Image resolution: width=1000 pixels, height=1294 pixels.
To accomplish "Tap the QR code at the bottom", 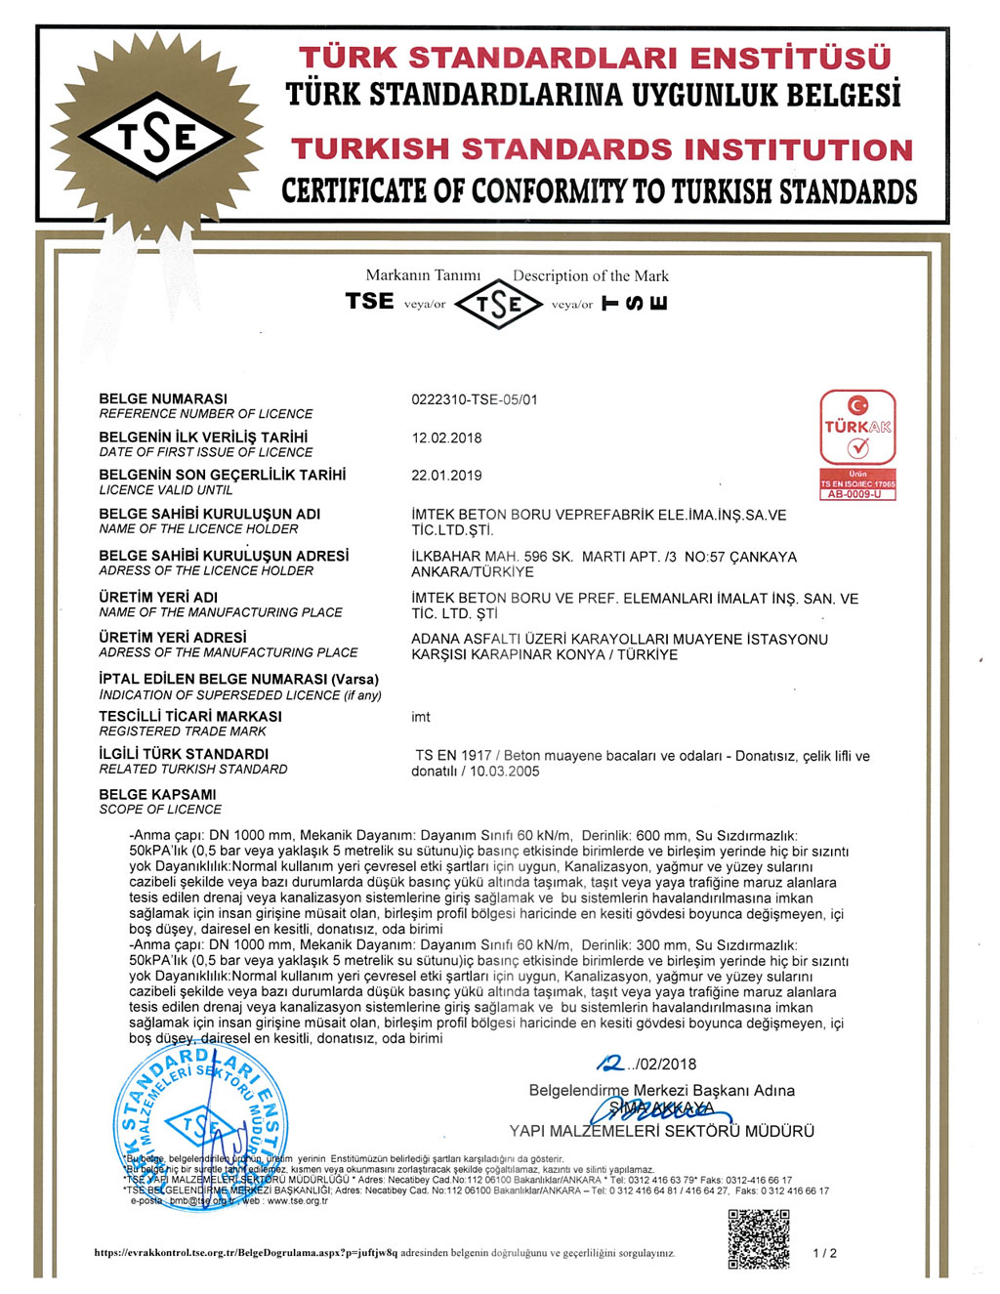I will (759, 1238).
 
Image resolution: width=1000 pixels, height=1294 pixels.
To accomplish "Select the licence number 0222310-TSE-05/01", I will (475, 399).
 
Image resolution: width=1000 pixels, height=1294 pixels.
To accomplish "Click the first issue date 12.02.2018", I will (446, 438).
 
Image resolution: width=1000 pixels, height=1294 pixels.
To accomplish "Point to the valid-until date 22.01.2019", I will (446, 476).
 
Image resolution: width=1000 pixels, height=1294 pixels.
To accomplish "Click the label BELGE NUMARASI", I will (163, 398).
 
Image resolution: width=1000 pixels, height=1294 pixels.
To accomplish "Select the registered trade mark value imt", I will (421, 717).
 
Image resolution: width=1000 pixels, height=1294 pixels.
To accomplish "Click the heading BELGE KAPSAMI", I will (157, 794).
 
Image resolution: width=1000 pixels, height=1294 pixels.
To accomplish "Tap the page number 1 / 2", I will (824, 1253).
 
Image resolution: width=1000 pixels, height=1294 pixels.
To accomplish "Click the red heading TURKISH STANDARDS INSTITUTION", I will (602, 149).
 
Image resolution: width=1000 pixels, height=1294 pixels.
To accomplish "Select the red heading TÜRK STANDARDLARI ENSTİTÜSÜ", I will (595, 58).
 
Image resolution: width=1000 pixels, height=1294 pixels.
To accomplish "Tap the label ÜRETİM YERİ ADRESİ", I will (173, 637).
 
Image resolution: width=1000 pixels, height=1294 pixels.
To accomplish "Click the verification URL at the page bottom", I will (246, 1253).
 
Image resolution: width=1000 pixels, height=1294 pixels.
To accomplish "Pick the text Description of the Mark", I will (591, 276).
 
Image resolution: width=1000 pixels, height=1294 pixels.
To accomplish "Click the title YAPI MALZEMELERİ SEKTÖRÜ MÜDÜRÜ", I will (661, 1131).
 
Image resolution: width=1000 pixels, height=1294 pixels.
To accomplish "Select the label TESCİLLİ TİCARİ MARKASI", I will (190, 716).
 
